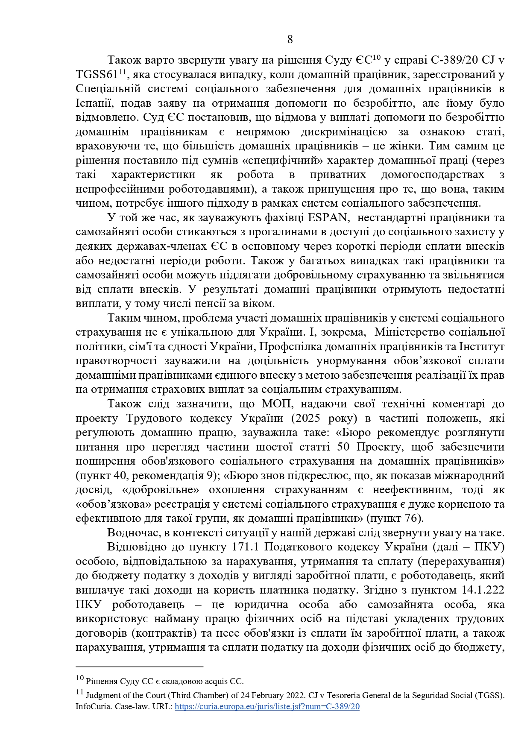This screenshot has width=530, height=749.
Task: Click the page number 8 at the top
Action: tap(290, 40)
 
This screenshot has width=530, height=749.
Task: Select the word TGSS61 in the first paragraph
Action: tap(97, 75)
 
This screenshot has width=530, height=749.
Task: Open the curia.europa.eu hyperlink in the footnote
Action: tap(267, 707)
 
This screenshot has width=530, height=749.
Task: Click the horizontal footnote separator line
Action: tap(139, 667)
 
